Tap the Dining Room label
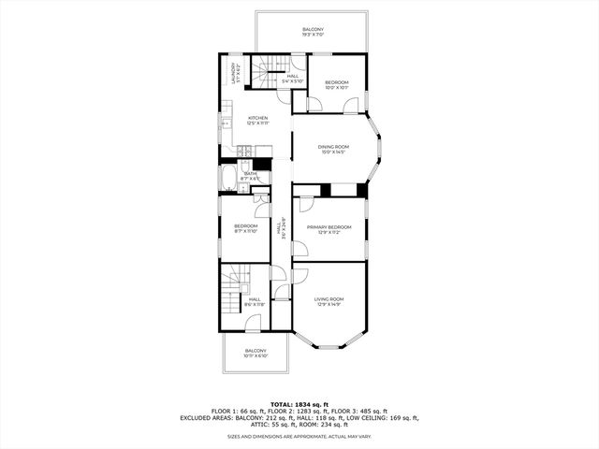pyautogui.click(x=332, y=149)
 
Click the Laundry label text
pyautogui.click(x=236, y=73)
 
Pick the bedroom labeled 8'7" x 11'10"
pyautogui.click(x=245, y=228)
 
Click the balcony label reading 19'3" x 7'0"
pyautogui.click(x=313, y=32)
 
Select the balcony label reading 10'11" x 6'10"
pyautogui.click(x=256, y=354)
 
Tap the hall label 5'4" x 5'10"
pyautogui.click(x=292, y=79)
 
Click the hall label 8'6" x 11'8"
pyautogui.click(x=255, y=302)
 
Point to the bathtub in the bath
pyautogui.click(x=228, y=179)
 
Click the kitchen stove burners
pyautogui.click(x=244, y=150)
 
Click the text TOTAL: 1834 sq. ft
pyautogui.click(x=299, y=403)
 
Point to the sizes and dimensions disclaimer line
pyautogui.click(x=299, y=436)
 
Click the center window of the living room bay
pyautogui.click(x=329, y=347)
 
